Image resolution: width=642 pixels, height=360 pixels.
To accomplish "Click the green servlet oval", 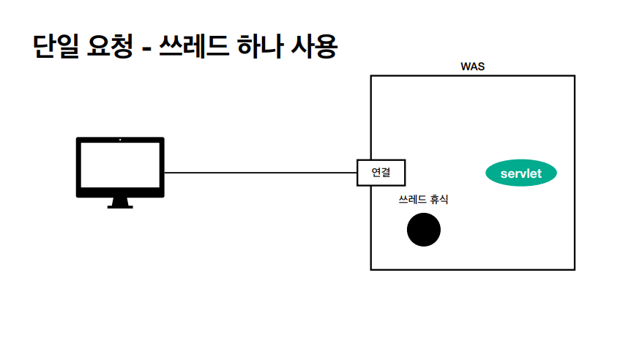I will pos(521,173).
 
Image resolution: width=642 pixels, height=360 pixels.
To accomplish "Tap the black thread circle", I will pos(423,230).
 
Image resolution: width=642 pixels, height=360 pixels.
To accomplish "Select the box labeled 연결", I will pos(380,173).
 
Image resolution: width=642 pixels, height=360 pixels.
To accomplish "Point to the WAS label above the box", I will pos(472,67).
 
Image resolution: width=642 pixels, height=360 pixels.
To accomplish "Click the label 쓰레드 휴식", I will pos(423,200).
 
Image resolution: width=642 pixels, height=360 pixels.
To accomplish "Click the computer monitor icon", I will pos(120,168).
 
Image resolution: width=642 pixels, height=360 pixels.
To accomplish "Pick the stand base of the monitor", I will pos(120,206).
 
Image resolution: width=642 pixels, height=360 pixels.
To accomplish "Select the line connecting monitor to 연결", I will pos(260,173).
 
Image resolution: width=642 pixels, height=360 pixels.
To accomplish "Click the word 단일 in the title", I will pos(55,47).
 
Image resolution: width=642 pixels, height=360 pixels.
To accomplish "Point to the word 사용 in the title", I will pos(315,47).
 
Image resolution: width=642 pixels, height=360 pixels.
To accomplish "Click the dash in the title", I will pos(146,49).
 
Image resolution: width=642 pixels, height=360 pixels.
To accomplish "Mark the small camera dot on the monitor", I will pos(120,140).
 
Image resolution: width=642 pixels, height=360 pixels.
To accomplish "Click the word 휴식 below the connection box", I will pos(437,200).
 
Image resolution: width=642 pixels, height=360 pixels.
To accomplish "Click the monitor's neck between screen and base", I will pos(120,200).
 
